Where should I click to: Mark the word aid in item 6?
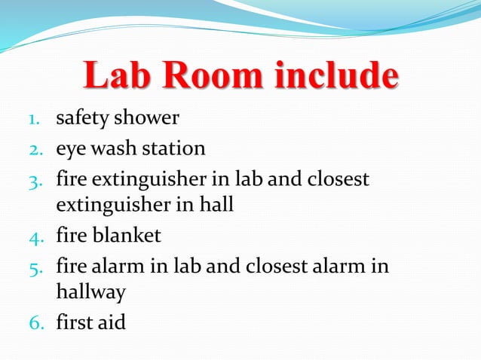tap(112, 322)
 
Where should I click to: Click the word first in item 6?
tap(75, 322)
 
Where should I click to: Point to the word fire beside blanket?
tap(71, 236)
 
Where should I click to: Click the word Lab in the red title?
tap(115, 78)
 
